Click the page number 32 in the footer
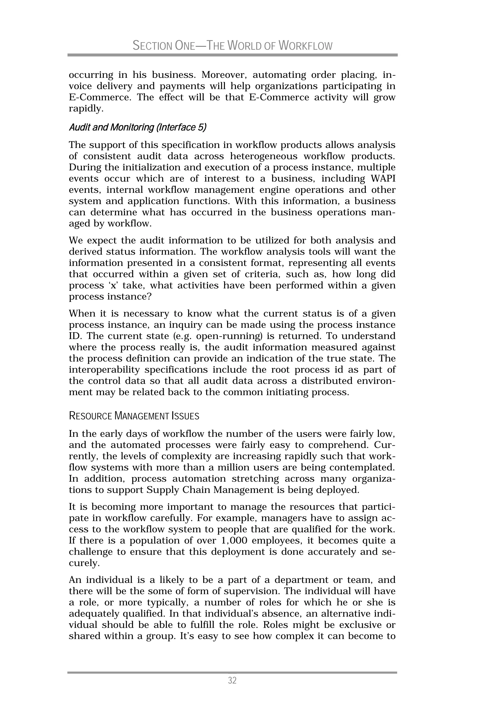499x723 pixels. (x=232, y=681)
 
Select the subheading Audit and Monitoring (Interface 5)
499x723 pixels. (x=138, y=127)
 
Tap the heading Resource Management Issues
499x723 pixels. (x=134, y=416)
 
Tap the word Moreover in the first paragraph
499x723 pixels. (x=224, y=75)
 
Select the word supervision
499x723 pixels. (x=251, y=591)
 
